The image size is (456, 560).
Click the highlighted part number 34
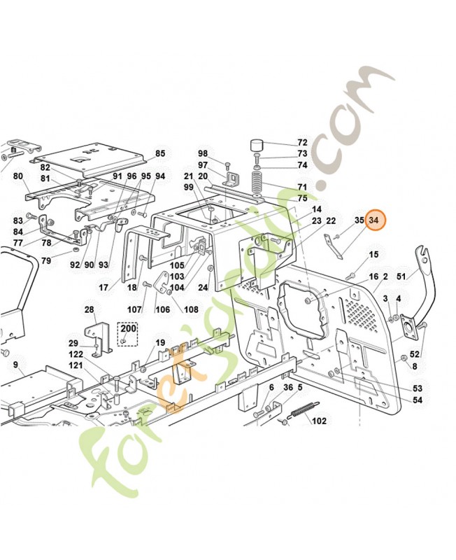point(373,220)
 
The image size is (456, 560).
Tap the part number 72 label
point(302,143)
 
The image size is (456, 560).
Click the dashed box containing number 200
point(128,333)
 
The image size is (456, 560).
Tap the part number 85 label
point(160,153)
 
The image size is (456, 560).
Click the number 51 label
point(401,276)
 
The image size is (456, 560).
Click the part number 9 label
point(15,365)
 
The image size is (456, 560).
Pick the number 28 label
point(90,309)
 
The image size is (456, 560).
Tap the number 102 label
point(319,421)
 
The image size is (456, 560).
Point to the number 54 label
point(418,400)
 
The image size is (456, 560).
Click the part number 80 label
point(18,176)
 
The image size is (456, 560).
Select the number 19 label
point(160,343)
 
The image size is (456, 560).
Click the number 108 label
point(191,309)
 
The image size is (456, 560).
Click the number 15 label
point(373,255)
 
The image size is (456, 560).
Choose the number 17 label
point(104,287)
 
